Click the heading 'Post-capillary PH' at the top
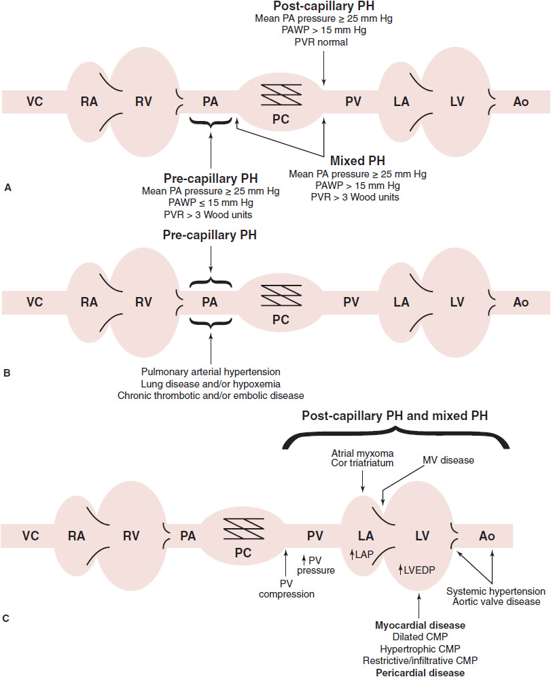click(323, 6)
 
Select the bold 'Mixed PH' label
click(357, 162)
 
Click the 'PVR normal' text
click(323, 42)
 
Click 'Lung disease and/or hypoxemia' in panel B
click(211, 383)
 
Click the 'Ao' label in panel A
click(520, 102)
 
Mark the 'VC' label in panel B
click(35, 282)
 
